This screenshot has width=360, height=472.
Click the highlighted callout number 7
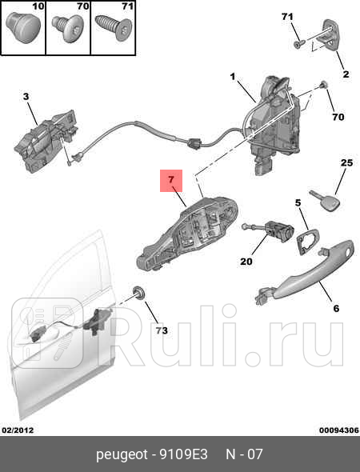click(x=171, y=180)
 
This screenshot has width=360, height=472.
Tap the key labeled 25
click(x=326, y=201)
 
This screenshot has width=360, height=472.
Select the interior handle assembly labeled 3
click(x=46, y=141)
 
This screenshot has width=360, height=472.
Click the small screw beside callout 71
click(x=299, y=44)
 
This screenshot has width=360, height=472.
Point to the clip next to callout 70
click(x=323, y=85)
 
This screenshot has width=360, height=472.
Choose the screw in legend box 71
click(x=114, y=28)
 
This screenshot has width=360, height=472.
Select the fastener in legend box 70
click(x=70, y=28)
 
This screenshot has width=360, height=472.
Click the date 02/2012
click(x=18, y=430)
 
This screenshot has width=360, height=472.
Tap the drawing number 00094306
click(x=339, y=430)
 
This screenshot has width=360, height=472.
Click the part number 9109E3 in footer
click(x=184, y=454)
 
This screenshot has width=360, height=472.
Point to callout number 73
click(x=162, y=330)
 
